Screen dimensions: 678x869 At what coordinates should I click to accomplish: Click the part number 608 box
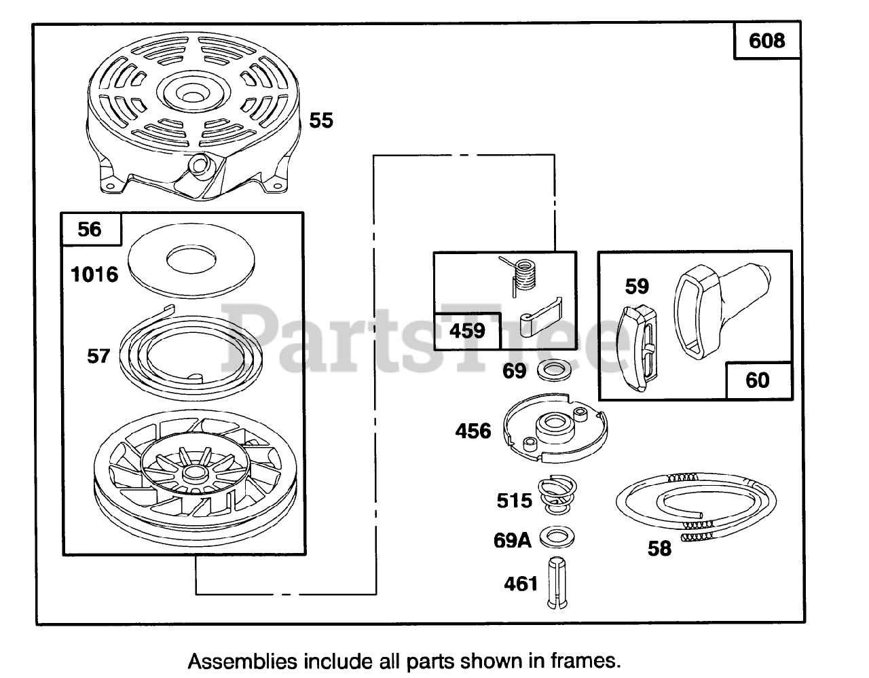point(767,41)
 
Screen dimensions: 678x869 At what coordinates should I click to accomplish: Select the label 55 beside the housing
point(321,121)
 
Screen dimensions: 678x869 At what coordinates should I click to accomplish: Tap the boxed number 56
point(90,229)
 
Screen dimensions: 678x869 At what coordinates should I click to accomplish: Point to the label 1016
point(94,274)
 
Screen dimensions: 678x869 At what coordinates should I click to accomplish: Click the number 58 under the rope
point(659,548)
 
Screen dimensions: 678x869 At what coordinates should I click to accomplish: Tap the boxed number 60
point(758,380)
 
